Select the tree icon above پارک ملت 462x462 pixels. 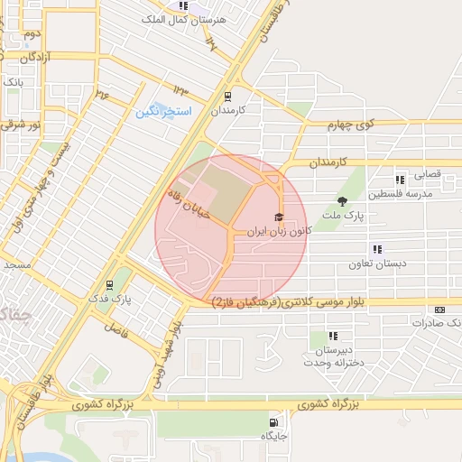341,201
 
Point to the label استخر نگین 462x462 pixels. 164,111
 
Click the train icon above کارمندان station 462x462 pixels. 227,96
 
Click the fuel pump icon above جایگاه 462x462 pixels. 273,422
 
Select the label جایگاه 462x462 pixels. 273,436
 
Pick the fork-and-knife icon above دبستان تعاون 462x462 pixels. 377,250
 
